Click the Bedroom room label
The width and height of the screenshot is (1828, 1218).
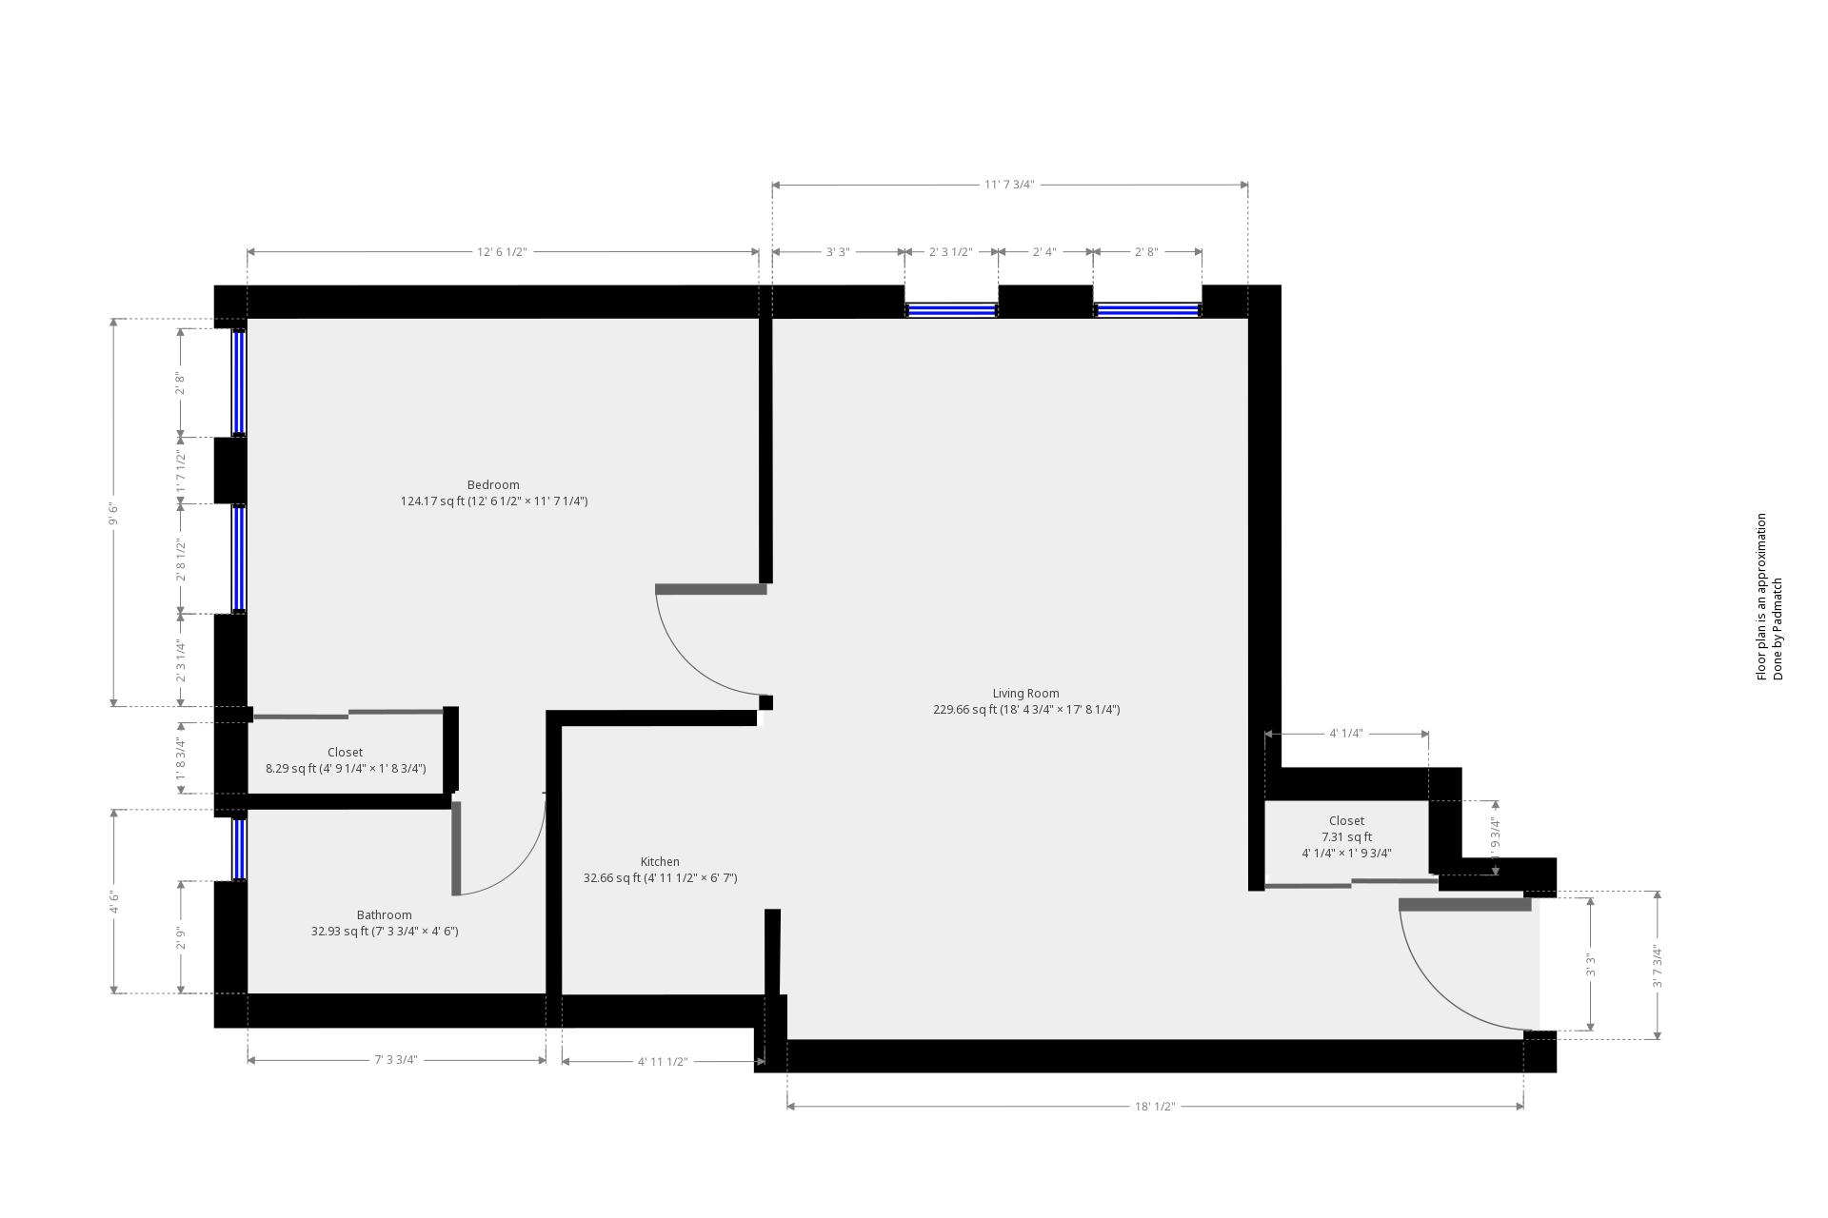point(493,485)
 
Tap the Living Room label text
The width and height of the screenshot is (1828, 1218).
point(1025,694)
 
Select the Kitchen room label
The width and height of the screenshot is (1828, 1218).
point(660,862)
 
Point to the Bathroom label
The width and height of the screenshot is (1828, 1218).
point(384,915)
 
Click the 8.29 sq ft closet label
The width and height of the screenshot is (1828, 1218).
point(345,760)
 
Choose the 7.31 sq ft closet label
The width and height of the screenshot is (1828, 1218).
point(1346,836)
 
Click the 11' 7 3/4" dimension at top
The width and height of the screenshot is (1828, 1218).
point(1009,185)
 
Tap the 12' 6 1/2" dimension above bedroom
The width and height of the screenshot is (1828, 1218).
point(502,252)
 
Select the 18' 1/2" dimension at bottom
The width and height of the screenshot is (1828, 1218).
point(1155,1107)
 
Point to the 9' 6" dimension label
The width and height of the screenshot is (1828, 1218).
point(114,513)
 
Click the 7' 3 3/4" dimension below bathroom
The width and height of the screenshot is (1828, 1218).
point(395,1060)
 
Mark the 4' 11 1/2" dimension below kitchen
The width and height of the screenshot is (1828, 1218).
point(663,1062)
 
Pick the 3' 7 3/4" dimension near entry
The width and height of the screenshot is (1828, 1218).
point(1658,966)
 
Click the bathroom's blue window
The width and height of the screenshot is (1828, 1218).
point(239,849)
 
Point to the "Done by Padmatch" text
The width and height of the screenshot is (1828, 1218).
point(1778,629)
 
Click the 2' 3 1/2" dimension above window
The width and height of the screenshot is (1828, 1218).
point(950,252)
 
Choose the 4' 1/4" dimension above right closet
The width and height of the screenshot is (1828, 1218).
point(1345,734)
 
